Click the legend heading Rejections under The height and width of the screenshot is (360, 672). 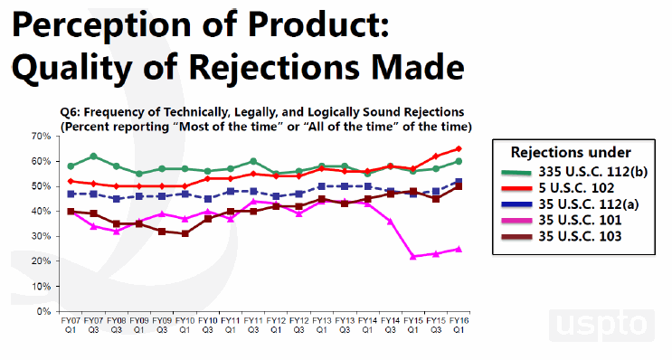click(571, 151)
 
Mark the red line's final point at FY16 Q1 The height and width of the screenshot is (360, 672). click(459, 148)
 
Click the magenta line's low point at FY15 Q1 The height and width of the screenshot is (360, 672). click(413, 257)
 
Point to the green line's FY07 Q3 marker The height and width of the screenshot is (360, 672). click(93, 156)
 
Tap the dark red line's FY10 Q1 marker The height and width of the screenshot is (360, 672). click(185, 233)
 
